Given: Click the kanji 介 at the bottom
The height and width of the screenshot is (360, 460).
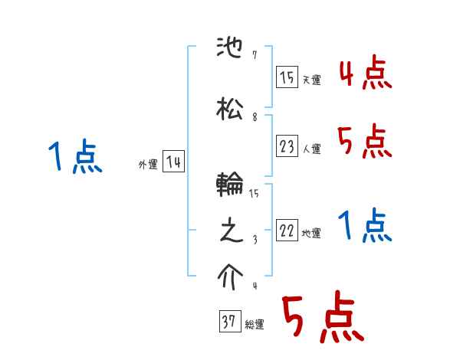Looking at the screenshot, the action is coord(231,276).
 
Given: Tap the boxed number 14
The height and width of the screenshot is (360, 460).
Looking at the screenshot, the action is coord(173,162).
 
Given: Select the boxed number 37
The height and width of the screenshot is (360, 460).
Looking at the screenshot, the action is coord(229,322).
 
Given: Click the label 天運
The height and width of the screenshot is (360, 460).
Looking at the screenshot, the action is coord(311,80).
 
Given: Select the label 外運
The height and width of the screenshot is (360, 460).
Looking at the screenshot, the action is coord(147,164).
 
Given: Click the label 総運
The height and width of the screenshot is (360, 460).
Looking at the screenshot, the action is coord(254,325).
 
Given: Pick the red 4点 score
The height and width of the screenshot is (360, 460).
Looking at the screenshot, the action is coord(365,74).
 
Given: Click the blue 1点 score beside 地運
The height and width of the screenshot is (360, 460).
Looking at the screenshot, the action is coord(365,226).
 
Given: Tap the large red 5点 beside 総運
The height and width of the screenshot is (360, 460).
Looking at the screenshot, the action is coord(322,319).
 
